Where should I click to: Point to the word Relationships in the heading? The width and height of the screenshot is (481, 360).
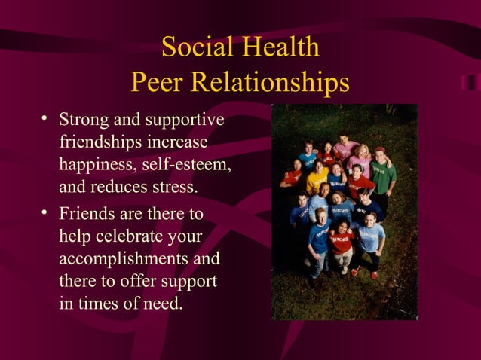click(x=272, y=82)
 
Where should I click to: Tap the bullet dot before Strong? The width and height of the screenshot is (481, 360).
click(x=46, y=118)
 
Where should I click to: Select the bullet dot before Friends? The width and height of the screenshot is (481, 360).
click(x=46, y=214)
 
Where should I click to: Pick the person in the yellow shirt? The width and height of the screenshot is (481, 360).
click(x=317, y=178)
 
